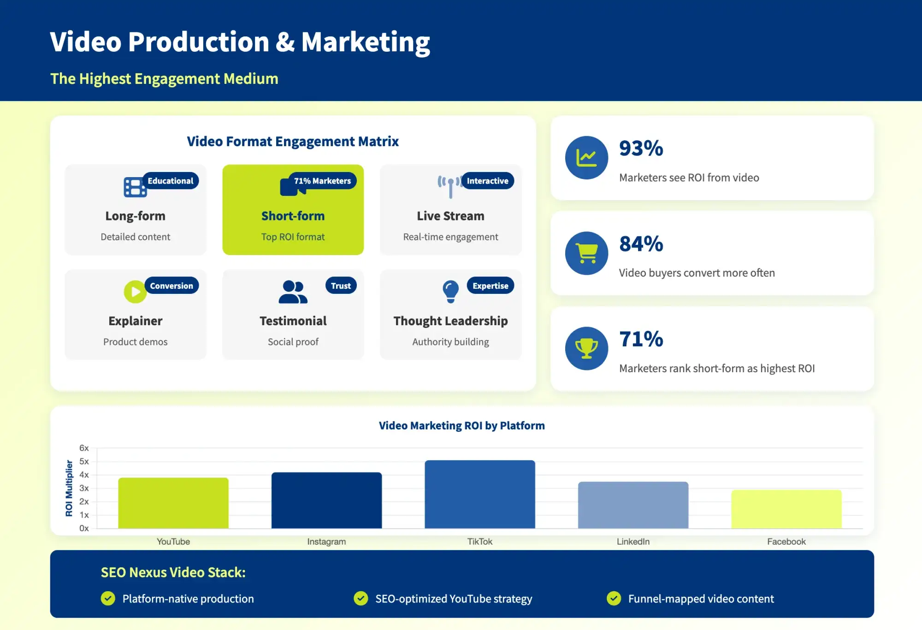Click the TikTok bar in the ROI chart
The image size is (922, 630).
coord(479,494)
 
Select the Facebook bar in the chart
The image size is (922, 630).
coord(786,509)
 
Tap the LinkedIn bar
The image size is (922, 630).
coord(633,505)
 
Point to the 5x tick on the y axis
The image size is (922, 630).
coord(84,461)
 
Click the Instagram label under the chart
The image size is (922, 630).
coord(326,541)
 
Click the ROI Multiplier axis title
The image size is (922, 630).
coord(69,488)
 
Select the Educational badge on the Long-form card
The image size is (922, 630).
coord(170,181)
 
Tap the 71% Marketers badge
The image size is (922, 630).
coord(322,181)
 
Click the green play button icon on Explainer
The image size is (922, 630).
coord(135,292)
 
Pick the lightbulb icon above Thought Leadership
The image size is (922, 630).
coord(450,291)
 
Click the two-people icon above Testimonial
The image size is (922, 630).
coord(293,292)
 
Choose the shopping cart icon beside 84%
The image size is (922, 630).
coord(586,253)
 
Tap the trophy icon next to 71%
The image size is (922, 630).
coord(586,349)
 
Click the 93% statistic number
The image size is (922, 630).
coord(641,149)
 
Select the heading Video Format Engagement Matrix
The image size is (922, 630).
coord(293,142)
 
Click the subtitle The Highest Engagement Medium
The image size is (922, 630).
coord(164,79)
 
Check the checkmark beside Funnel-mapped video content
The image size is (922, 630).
coord(614,598)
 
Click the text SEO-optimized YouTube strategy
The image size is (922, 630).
coord(454,599)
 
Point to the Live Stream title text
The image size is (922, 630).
coord(450,216)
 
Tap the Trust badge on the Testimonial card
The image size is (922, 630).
coord(341,285)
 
